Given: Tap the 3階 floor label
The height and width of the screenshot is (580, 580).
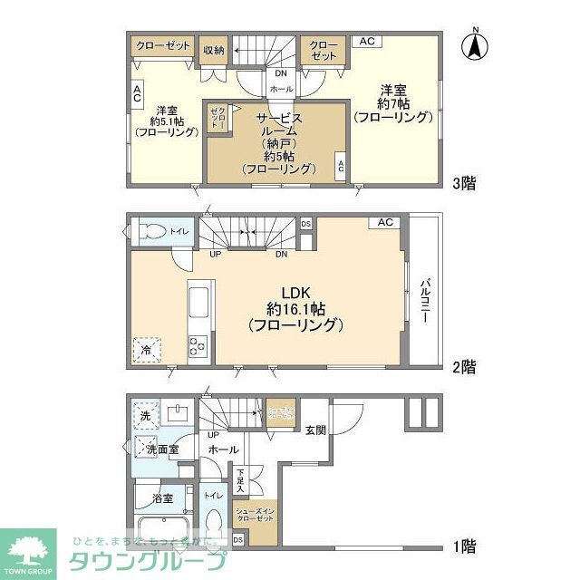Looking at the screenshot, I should click(x=464, y=182).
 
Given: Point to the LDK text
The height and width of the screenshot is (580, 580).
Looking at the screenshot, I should click(x=296, y=293).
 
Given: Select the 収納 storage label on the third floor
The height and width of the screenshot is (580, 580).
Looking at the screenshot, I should click(x=214, y=50).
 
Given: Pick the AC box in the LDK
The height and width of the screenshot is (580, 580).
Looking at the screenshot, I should click(x=385, y=222).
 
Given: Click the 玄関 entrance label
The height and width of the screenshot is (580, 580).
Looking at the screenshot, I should click(x=314, y=430).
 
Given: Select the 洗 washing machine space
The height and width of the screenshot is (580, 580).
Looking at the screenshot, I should click(x=145, y=416).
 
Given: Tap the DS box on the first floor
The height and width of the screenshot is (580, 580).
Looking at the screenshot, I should click(x=238, y=540).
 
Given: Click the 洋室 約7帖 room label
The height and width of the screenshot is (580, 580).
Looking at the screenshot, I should click(x=392, y=102).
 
